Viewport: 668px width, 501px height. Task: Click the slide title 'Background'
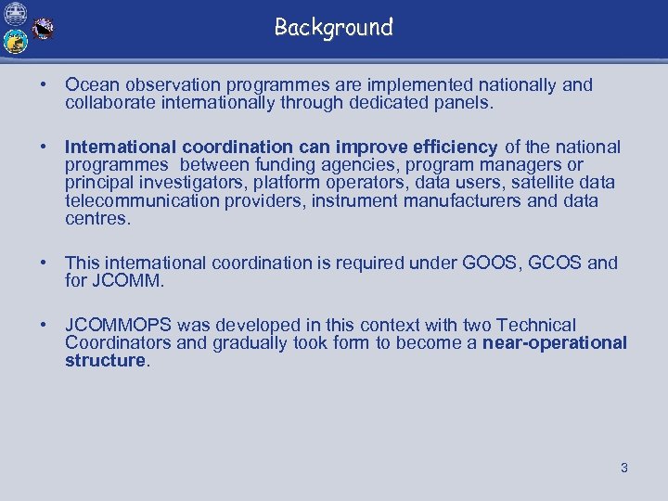click(x=333, y=28)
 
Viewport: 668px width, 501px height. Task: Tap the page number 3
click(x=624, y=468)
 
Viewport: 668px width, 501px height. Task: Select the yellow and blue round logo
click(x=15, y=42)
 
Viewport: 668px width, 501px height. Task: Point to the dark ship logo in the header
click(x=43, y=30)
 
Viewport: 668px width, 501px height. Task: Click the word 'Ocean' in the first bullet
click(x=90, y=85)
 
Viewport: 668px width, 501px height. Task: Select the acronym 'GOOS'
click(x=492, y=263)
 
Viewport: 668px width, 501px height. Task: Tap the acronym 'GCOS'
click(x=556, y=263)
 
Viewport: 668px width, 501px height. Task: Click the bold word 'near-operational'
click(x=555, y=342)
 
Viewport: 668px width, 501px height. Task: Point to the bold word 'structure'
click(x=106, y=360)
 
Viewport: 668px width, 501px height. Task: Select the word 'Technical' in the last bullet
click(x=536, y=325)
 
